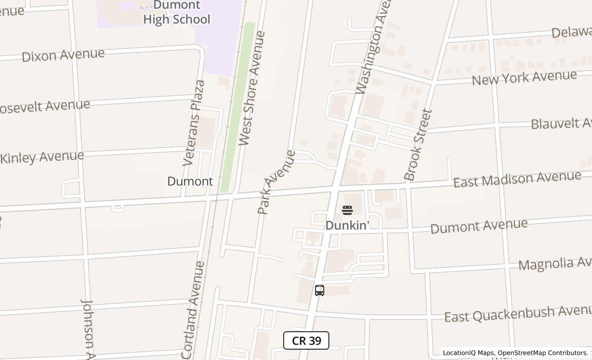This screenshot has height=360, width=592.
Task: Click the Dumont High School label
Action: tap(176, 13)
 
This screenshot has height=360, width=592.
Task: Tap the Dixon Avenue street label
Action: tap(63, 55)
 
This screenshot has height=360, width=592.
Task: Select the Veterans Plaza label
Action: tap(194, 123)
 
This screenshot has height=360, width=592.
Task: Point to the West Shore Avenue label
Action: tap(252, 88)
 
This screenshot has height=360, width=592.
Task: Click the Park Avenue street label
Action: tap(276, 182)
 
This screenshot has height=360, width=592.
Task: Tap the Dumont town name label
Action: tap(190, 182)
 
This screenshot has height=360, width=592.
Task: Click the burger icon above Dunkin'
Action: tap(347, 210)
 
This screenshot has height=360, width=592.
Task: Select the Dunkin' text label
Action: tap(347, 225)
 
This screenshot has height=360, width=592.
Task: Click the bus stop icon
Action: tap(320, 291)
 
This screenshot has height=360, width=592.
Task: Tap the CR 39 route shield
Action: tap(306, 340)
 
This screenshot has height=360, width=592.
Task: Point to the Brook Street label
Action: tap(418, 145)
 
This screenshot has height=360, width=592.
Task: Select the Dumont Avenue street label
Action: tap(478, 226)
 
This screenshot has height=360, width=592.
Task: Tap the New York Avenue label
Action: tap(524, 78)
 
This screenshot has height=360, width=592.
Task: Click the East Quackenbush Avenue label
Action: tap(518, 313)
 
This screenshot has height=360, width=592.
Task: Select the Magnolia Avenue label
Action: tap(555, 264)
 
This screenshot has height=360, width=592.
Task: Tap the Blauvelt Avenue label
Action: tap(561, 123)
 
